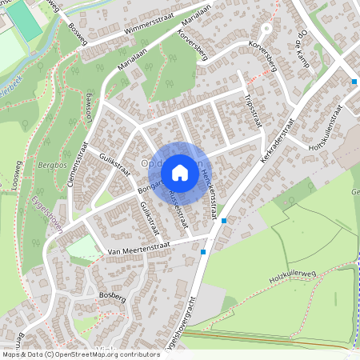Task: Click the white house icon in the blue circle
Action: tap(180, 172)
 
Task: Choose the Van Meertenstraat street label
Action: tap(141, 253)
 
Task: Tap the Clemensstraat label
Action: tap(78, 164)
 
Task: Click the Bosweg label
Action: tap(76, 34)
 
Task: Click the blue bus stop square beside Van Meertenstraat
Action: tap(204, 252)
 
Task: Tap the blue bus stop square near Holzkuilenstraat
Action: tap(354, 82)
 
